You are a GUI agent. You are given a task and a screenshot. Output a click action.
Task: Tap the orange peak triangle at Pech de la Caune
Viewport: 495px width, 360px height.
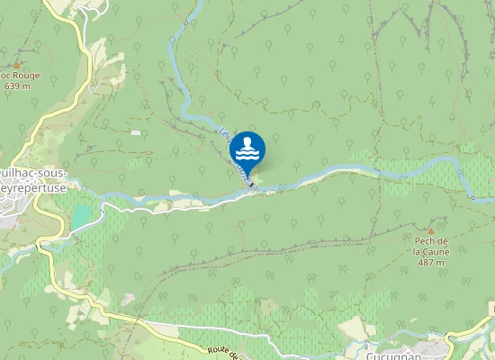tap(430, 219)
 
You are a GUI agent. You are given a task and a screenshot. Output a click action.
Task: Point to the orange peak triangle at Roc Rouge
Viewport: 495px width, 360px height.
tap(16, 65)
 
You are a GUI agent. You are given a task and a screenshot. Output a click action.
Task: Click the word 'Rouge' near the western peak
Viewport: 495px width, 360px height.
tap(23, 76)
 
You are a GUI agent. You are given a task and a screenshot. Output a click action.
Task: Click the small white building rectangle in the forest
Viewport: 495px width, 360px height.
tap(135, 132)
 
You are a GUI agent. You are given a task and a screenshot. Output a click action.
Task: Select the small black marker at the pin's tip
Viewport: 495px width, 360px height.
tap(251, 186)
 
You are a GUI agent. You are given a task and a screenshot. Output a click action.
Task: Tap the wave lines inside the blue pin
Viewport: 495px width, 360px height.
tap(247, 156)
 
